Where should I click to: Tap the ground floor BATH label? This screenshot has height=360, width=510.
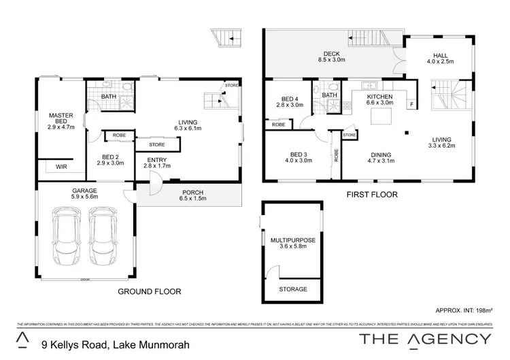point(109,97)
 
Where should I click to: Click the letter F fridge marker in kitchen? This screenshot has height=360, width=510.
point(411,103)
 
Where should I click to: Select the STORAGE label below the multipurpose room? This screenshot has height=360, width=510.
point(293,289)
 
